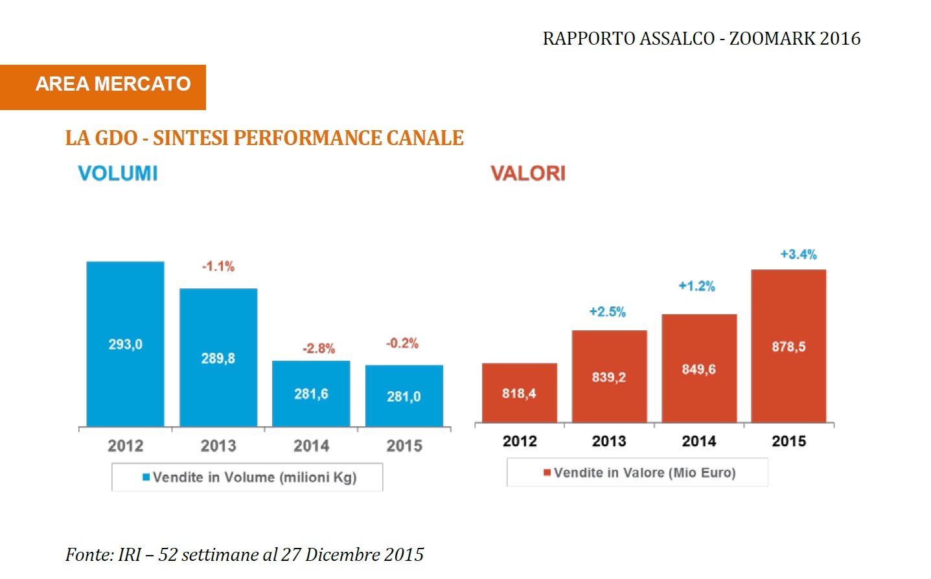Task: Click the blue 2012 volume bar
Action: (125, 344)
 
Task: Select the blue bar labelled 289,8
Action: (218, 358)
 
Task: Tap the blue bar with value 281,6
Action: (311, 393)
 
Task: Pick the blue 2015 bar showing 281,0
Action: (404, 396)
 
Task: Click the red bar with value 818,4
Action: (519, 392)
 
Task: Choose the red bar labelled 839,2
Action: (609, 376)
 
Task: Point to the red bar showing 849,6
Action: (699, 369)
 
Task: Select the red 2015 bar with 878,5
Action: (788, 346)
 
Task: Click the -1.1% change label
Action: (218, 266)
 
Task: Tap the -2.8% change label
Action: (319, 348)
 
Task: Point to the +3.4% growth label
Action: (798, 255)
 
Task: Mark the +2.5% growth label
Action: (608, 312)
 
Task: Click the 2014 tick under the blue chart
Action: (311, 446)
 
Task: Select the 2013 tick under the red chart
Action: (609, 441)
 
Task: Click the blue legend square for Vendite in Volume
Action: (146, 477)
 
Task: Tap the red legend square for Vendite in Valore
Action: (547, 473)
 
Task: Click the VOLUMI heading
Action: (118, 174)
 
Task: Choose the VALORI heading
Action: (528, 174)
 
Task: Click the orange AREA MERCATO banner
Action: (103, 87)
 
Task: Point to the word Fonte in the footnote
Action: (88, 554)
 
